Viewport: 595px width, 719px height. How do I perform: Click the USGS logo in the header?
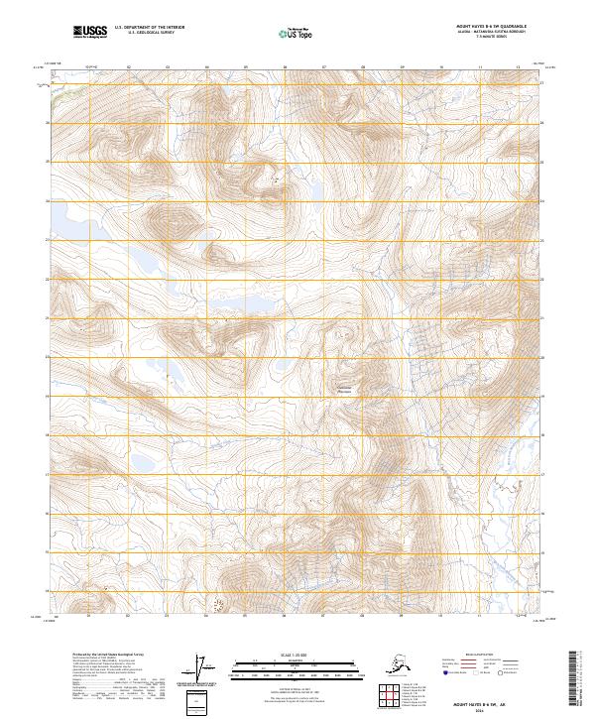click(88, 33)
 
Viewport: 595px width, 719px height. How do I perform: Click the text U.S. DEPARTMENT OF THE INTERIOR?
click(145, 30)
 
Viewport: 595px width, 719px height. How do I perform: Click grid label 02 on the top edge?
click(129, 67)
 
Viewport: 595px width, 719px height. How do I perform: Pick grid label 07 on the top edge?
click(324, 67)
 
